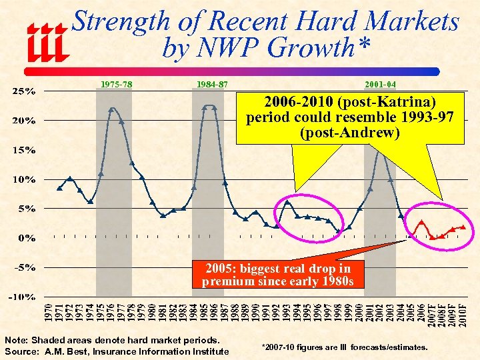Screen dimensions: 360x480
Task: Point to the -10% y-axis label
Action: [x=24, y=297]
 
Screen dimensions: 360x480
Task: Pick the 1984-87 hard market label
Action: [x=212, y=85]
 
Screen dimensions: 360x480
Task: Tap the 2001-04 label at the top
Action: [x=381, y=85]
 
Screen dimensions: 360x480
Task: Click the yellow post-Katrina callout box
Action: [x=350, y=118]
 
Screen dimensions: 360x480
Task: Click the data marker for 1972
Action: [x=70, y=179]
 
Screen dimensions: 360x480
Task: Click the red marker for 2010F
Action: [x=463, y=227]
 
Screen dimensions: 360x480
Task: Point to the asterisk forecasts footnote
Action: [x=345, y=347]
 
